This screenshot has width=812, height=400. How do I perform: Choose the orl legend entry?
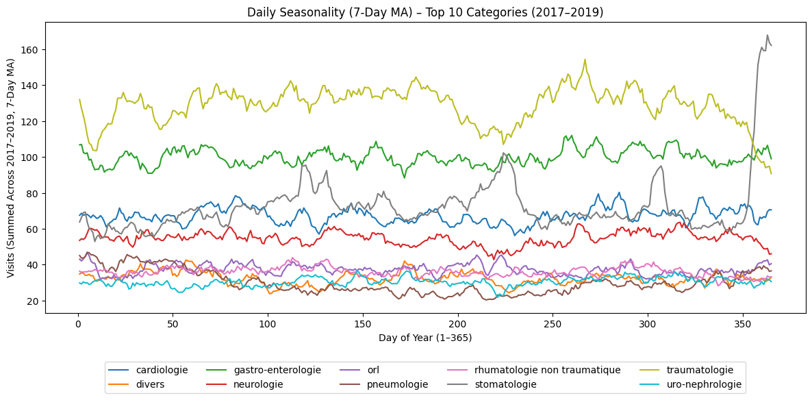(x=373, y=370)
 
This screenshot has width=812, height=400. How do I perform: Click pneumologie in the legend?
(x=397, y=384)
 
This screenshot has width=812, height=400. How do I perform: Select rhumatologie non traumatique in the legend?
(x=547, y=370)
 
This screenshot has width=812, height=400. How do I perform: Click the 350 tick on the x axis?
(x=743, y=323)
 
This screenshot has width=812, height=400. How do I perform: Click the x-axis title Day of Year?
(x=424, y=338)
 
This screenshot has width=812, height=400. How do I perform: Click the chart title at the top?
(x=424, y=12)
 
